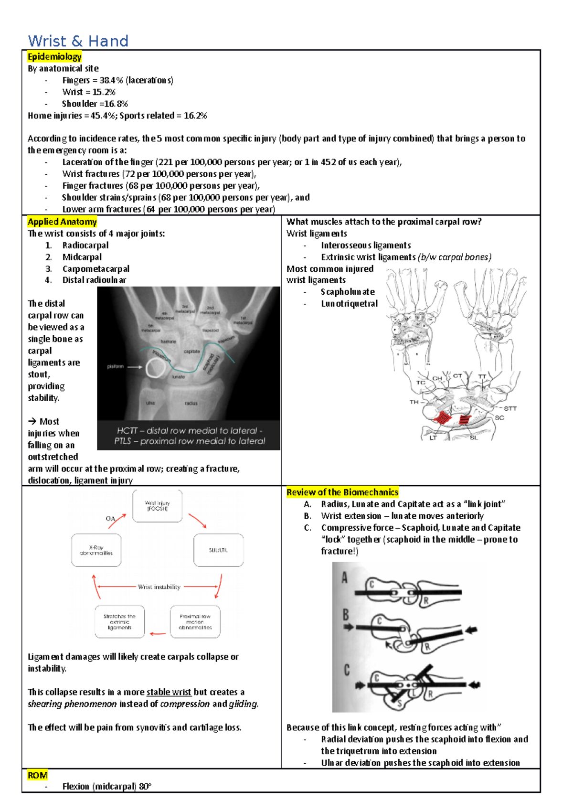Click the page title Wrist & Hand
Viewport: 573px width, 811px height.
(x=78, y=41)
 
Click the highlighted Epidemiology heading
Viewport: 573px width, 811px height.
(x=54, y=56)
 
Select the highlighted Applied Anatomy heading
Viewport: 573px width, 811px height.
(x=62, y=222)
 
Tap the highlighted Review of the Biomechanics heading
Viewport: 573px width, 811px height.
(x=342, y=492)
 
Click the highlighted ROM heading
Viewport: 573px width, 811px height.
(x=37, y=775)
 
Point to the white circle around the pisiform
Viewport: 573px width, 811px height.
(x=157, y=368)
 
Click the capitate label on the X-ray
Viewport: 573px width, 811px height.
(x=191, y=352)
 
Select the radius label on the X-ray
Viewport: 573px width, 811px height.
(x=191, y=403)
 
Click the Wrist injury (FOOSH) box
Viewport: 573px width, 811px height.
(x=157, y=506)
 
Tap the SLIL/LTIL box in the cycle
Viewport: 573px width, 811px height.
(x=218, y=550)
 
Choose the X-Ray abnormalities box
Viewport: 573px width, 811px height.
(x=96, y=550)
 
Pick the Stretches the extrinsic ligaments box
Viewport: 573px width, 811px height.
(x=119, y=622)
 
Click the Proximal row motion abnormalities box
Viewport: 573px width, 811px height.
(x=195, y=622)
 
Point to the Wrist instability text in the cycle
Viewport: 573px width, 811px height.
(x=159, y=587)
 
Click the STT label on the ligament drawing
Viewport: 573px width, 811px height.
(x=510, y=408)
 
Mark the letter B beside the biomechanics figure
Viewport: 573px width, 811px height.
(x=346, y=615)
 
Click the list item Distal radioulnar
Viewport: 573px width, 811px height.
(x=94, y=280)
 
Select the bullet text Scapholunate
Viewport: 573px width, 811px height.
(x=348, y=292)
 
